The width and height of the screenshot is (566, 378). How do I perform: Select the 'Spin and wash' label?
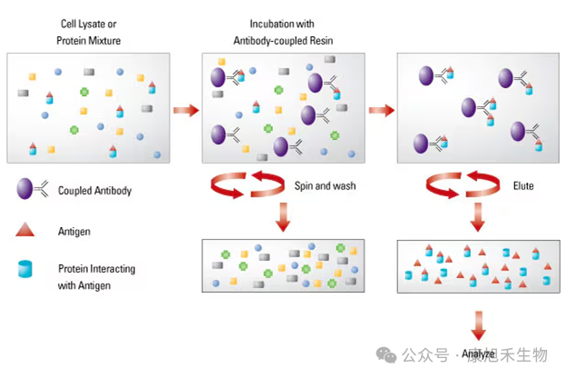click(325, 185)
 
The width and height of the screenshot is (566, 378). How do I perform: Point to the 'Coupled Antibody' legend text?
click(94, 191)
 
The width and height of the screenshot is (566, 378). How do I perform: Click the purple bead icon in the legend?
click(24, 190)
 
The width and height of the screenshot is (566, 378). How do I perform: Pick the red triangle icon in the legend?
click(24, 230)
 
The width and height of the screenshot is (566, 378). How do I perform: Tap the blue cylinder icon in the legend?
click(24, 270)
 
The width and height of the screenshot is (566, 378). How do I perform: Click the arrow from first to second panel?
click(186, 111)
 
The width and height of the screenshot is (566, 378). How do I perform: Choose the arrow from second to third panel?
click(382, 111)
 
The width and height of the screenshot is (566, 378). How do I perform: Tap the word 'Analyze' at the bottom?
click(478, 353)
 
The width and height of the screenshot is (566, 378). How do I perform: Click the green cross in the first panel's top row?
click(84, 92)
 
